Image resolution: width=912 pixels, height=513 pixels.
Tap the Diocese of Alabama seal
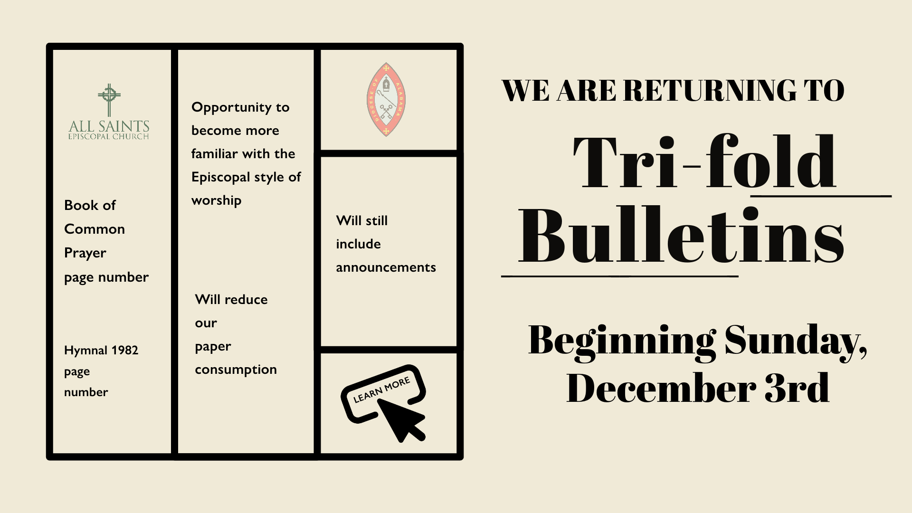point(386,100)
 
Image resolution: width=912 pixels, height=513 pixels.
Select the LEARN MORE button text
point(381,390)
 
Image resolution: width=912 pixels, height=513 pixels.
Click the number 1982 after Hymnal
point(124,350)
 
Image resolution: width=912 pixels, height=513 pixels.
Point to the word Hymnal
point(85,351)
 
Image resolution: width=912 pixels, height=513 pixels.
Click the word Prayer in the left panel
point(85,253)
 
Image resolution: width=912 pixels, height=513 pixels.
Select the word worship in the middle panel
point(216,200)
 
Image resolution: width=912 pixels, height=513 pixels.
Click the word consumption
point(236,370)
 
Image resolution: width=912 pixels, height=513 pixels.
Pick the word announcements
point(386,267)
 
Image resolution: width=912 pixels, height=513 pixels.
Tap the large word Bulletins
point(681,235)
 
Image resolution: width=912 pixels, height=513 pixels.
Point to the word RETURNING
point(710,90)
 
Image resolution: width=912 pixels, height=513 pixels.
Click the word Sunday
point(796,341)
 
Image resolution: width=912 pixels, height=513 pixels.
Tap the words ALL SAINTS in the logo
point(109,126)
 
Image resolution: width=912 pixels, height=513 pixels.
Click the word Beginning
point(622,341)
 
